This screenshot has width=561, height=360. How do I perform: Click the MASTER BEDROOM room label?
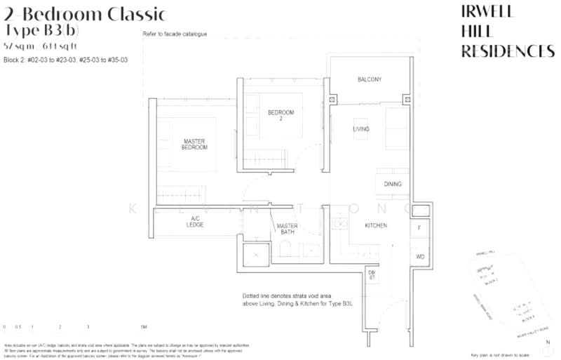click(x=194, y=145)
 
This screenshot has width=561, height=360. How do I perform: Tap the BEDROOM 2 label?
click(x=280, y=116)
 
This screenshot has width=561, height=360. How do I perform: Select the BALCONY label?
click(x=369, y=80)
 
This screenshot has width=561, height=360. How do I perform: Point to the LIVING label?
click(x=361, y=129)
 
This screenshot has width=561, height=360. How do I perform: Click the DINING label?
click(x=393, y=184)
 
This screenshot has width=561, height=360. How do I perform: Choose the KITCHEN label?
click(x=376, y=225)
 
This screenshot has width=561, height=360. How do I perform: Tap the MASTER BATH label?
click(x=287, y=229)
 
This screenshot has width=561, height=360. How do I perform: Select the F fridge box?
click(x=419, y=228)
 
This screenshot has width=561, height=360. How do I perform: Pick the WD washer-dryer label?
click(x=420, y=257)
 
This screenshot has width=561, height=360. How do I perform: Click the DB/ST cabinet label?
click(x=372, y=275)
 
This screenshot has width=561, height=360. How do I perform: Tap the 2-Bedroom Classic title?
click(x=85, y=13)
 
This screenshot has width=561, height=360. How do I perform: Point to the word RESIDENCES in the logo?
click(x=507, y=51)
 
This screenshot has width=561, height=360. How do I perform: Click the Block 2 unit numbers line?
click(x=65, y=60)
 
